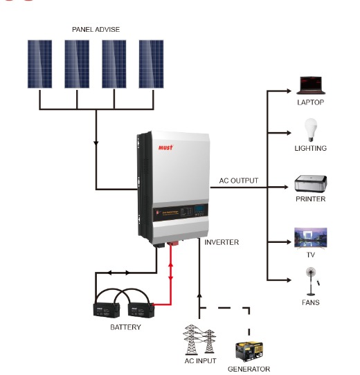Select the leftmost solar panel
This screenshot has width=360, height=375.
(39, 63)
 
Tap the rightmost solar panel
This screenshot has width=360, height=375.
(151, 63)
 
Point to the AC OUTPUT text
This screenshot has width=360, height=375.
(238, 181)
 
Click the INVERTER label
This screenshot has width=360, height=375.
(222, 242)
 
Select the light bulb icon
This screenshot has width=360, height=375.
(310, 129)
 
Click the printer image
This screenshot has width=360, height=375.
(310, 185)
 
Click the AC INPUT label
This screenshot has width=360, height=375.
(199, 360)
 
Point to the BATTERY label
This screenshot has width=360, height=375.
(125, 327)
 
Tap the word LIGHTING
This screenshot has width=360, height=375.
(310, 148)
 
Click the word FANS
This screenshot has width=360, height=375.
(310, 302)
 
